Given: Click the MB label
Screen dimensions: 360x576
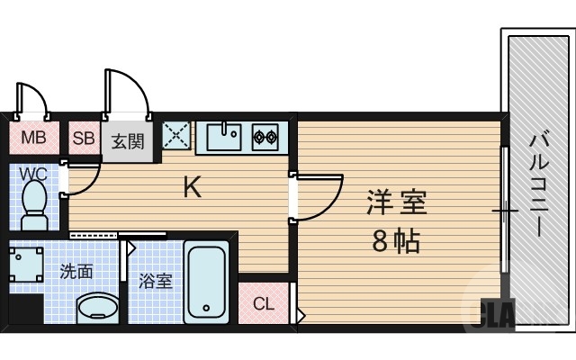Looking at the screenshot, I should click(33, 139).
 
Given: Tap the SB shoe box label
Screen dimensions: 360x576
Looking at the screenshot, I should click(84, 139).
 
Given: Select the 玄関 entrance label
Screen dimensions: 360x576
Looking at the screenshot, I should click(128, 140).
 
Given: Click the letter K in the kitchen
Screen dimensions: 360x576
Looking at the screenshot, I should click(193, 187).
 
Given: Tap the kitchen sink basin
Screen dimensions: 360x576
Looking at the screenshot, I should click(224, 138).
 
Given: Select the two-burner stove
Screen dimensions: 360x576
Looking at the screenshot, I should click(265, 138).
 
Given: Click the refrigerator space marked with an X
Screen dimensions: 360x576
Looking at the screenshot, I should click(176, 136).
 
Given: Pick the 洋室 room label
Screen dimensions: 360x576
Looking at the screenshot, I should click(396, 202).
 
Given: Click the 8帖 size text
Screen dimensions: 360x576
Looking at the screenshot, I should click(396, 241).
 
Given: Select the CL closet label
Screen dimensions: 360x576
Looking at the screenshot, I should click(263, 303).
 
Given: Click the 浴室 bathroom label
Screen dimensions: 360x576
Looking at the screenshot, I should click(155, 281).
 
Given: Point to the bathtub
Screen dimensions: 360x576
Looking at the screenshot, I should click(207, 282).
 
